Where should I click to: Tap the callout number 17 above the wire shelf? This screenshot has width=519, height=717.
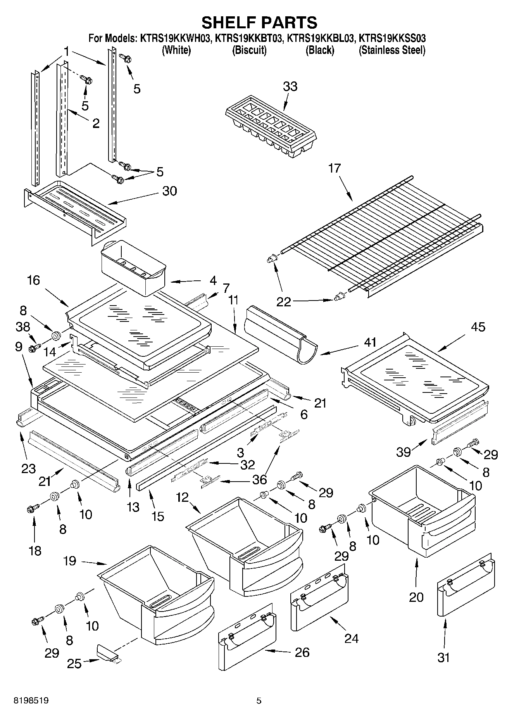click(x=334, y=169)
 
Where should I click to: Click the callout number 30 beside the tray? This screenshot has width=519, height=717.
click(x=169, y=191)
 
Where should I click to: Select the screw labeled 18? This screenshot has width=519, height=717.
click(x=33, y=508)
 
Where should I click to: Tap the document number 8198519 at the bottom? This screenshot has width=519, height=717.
click(x=31, y=700)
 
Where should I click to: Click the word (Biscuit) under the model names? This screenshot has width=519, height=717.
click(x=249, y=50)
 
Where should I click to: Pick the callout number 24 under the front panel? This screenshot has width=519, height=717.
click(x=351, y=638)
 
